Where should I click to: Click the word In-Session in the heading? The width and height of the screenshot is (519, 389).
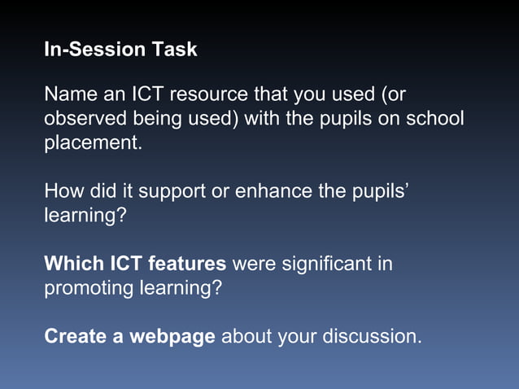click(95, 50)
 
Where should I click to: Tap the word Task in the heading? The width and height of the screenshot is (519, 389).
click(174, 50)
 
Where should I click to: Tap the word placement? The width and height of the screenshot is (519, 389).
click(92, 144)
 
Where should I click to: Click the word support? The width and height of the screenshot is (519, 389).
click(172, 193)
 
